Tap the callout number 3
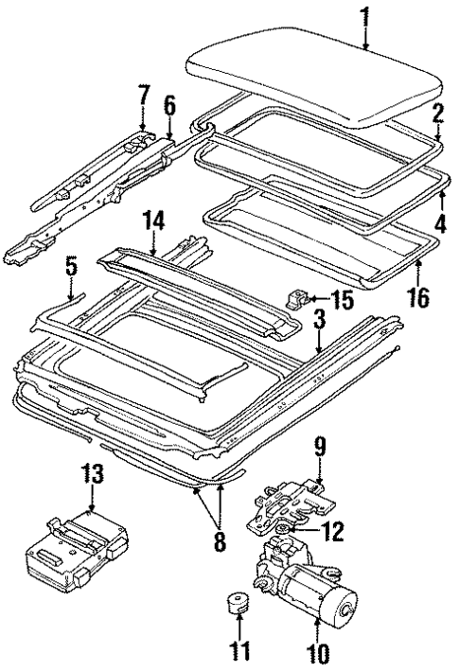tap(321, 325)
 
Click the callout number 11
tap(241, 652)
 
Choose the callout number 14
tap(154, 221)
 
